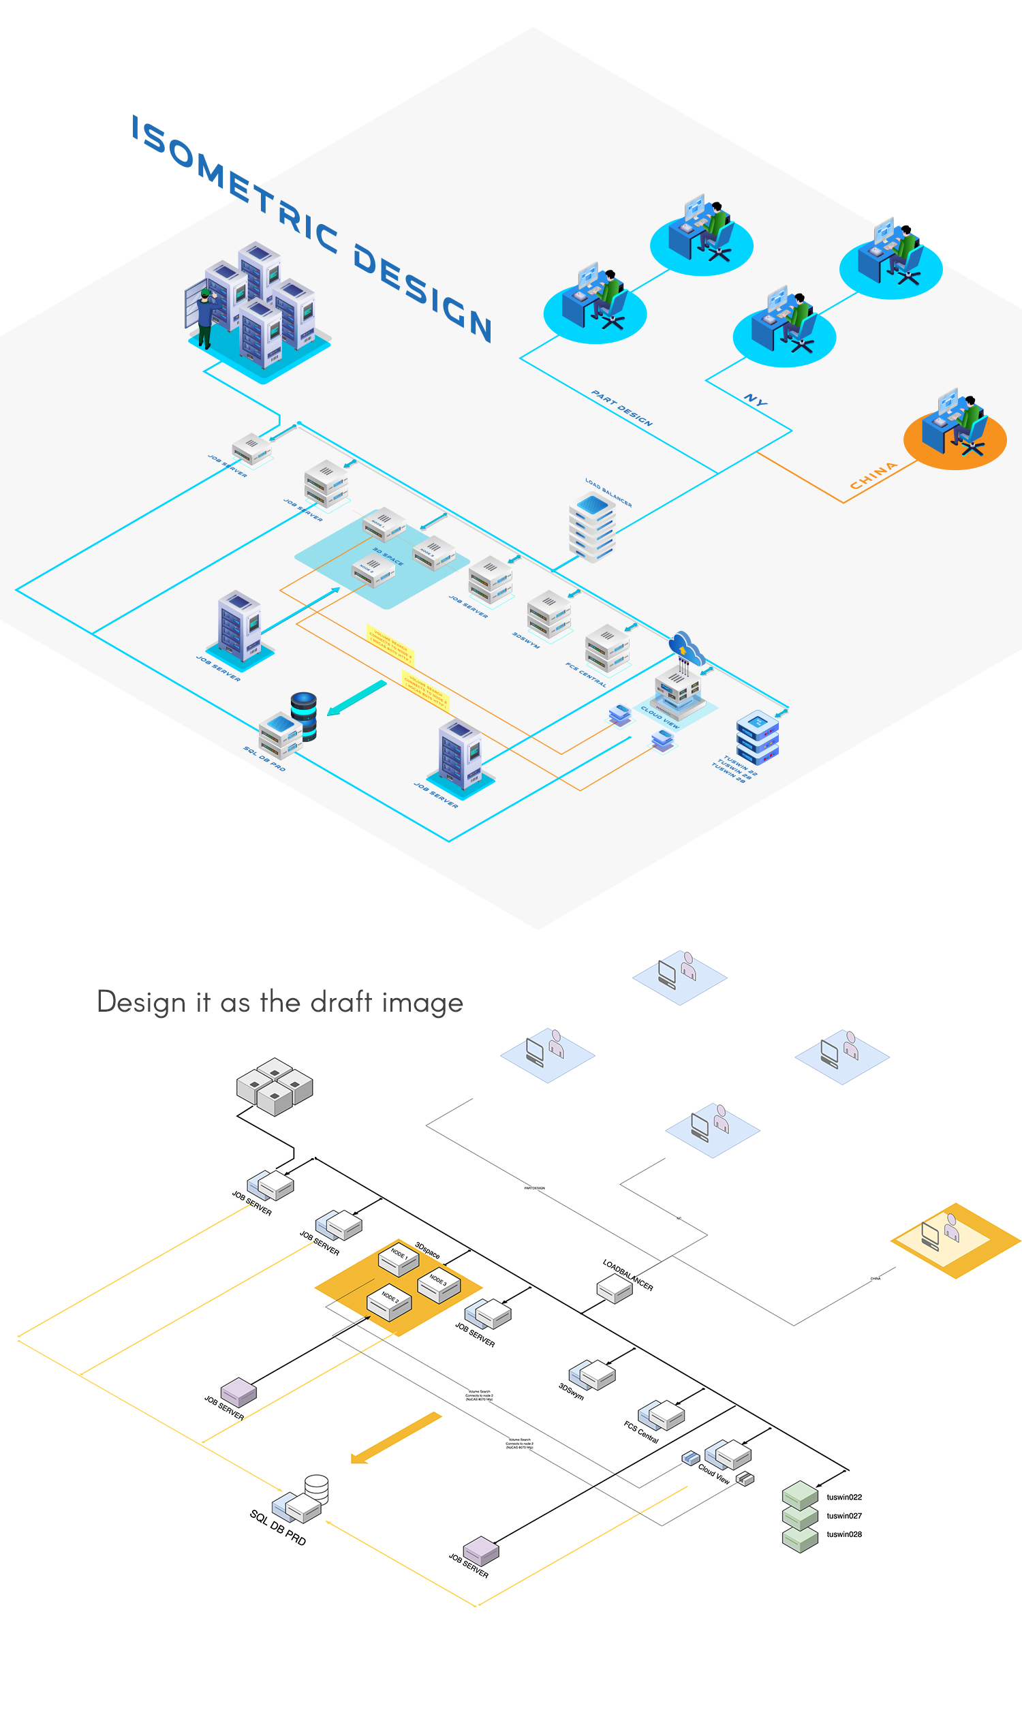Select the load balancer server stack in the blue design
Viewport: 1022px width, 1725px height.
coord(591,527)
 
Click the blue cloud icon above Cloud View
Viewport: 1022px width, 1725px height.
coord(686,647)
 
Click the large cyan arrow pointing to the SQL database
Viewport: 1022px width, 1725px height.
coord(356,698)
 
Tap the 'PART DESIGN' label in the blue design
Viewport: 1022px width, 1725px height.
coord(621,407)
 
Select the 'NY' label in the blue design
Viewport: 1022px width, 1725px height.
coord(756,399)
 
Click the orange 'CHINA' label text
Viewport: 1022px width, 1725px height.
coord(873,475)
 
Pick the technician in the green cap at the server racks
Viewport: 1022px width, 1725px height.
coord(204,317)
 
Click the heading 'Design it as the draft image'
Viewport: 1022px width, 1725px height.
coord(279,1002)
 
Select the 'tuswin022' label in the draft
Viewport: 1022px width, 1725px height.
coord(843,1497)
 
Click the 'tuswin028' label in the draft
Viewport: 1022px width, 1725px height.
coord(843,1534)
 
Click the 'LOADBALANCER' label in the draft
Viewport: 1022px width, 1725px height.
coord(628,1275)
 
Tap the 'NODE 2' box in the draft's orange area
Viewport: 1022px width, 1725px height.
coord(389,1302)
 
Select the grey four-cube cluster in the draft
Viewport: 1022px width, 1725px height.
coord(274,1086)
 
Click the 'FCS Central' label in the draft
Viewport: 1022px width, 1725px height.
coord(641,1431)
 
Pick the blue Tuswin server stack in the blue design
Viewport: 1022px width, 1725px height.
coord(757,738)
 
